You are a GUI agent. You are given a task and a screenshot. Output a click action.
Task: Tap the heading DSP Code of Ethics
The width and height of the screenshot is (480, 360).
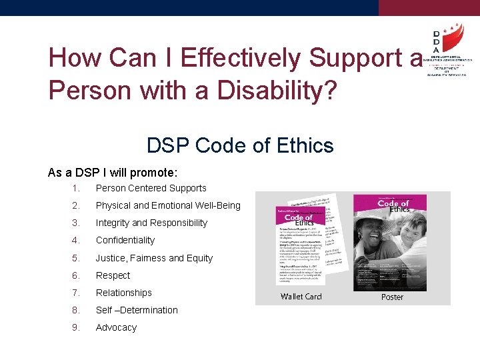[240, 145]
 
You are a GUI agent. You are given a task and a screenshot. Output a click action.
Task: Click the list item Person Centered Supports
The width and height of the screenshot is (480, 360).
[151, 188]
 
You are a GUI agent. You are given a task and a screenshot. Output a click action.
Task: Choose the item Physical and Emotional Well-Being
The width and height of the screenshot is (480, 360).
[168, 205]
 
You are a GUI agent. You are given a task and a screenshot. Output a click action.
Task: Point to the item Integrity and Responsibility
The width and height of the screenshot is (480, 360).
[151, 223]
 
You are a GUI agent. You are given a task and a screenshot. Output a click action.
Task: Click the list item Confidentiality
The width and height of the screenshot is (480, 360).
[125, 240]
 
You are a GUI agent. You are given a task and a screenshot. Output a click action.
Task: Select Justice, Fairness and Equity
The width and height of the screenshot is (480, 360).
[154, 258]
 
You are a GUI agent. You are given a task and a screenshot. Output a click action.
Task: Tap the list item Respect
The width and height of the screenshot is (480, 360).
[113, 275]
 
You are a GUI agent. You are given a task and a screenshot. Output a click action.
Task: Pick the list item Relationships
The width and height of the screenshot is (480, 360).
[123, 293]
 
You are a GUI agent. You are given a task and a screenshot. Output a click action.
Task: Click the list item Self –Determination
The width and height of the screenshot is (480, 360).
[137, 310]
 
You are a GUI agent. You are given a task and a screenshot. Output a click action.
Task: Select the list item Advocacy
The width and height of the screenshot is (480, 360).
[116, 327]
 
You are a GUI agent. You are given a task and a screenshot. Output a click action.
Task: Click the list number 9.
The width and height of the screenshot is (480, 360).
[77, 327]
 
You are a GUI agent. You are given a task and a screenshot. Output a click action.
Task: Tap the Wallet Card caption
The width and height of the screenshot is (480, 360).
[301, 296]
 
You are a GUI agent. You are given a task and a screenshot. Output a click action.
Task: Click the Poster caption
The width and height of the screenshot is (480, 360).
[392, 297]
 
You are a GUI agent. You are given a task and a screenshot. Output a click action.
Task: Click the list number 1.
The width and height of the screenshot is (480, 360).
[77, 188]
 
